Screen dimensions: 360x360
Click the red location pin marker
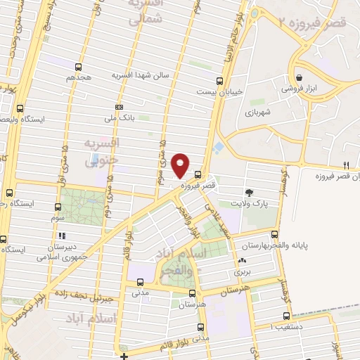181,165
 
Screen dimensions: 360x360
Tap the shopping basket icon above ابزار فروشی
300,77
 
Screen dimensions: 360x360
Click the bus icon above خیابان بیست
219,81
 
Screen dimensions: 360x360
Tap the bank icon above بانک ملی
119,107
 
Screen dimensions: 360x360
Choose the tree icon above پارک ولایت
249,192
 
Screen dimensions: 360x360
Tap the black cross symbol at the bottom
124,356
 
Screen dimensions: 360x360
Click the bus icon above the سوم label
58,207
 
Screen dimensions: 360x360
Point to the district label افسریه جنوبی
103,151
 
